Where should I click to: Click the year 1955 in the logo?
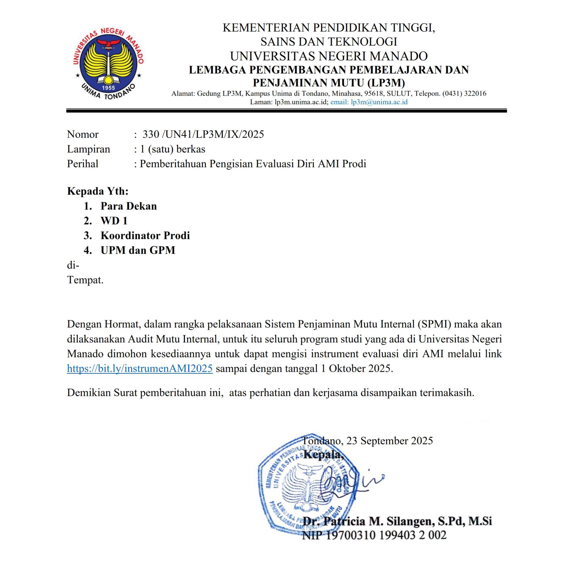pos(108,88)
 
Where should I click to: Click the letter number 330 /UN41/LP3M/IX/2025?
pos(203,134)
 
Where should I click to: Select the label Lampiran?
pos(88,149)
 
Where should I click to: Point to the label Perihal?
pos(83,163)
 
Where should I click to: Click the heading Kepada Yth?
pos(98,191)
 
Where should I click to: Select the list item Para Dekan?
pos(128,206)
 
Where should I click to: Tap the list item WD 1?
pos(114,221)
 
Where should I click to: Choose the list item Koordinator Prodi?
pos(145,235)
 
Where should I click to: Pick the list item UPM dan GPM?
pos(138,250)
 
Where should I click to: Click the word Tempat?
pos(85,280)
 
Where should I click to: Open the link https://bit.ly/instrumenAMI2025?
pos(140,368)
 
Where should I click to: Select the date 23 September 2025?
pos(389,441)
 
